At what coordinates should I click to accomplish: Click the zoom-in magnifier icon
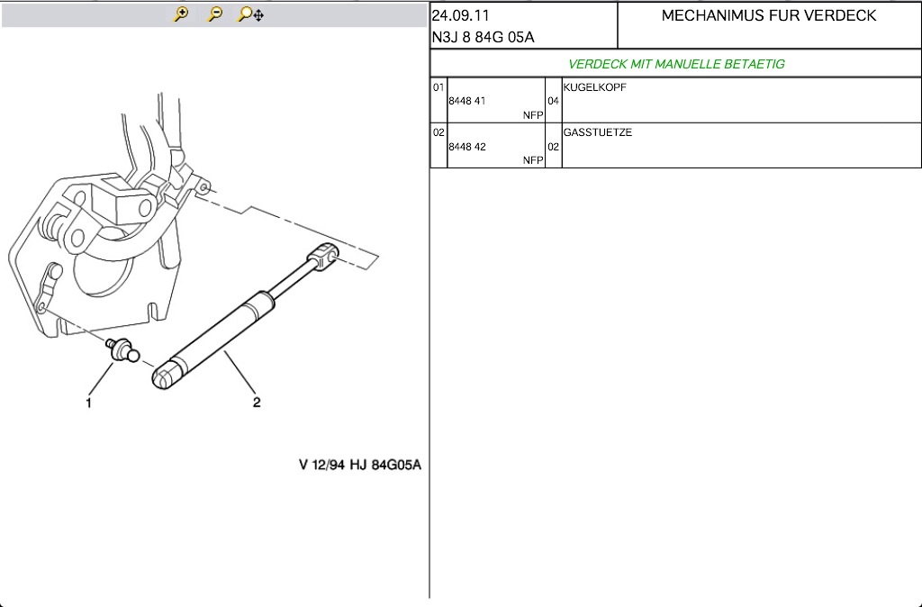[x=180, y=14]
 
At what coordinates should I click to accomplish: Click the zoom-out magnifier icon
[x=215, y=14]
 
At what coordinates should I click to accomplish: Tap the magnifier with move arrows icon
[x=250, y=14]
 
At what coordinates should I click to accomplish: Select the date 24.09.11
[x=460, y=15]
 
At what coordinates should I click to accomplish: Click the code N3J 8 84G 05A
[x=484, y=37]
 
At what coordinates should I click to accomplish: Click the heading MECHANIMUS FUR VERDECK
[x=769, y=15]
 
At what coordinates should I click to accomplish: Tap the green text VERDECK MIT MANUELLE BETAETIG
[x=676, y=64]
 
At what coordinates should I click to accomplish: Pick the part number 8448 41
[x=467, y=101]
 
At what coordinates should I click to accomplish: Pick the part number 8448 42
[x=467, y=147]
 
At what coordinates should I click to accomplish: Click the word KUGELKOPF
[x=594, y=87]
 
